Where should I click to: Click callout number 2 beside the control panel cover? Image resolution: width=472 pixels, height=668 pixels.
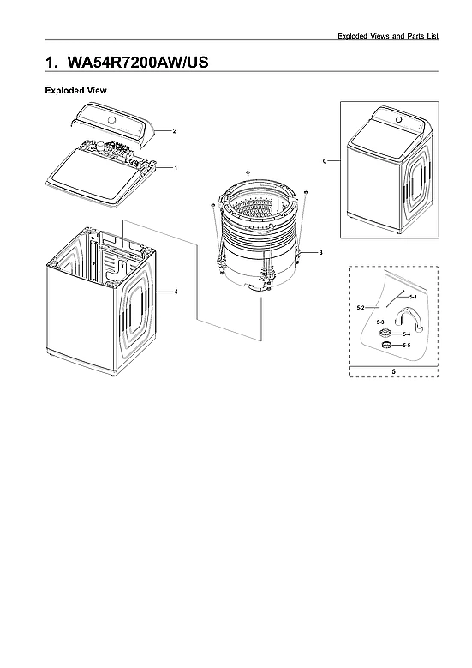174,131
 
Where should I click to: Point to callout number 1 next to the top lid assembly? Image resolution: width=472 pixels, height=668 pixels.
175,168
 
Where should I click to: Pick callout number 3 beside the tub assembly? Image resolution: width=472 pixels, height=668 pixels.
320,253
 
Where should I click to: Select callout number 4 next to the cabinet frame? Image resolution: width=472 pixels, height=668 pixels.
176,292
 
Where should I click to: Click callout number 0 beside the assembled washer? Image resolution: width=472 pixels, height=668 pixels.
326,161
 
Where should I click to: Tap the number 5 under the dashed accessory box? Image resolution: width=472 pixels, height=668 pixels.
392,370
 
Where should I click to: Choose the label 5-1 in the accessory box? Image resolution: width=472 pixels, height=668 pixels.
413,296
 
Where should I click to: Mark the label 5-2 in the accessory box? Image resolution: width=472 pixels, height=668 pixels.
361,307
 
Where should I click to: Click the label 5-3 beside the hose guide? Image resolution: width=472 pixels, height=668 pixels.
380,321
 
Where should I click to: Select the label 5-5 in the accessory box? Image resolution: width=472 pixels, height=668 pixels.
406,345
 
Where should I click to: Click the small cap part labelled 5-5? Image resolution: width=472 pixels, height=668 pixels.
386,345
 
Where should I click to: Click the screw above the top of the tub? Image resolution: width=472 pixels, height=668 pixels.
247,173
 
